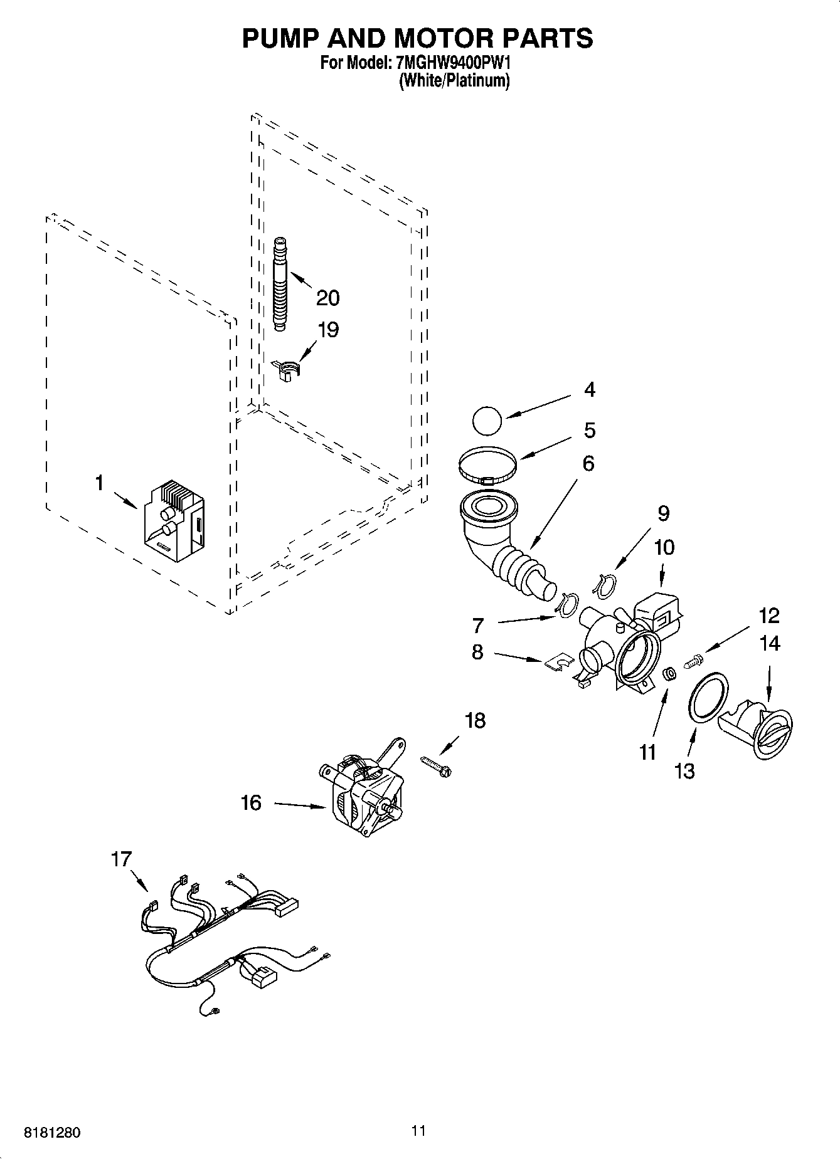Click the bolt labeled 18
tap(437, 767)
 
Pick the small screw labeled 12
tap(694, 659)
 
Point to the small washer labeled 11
tap(669, 674)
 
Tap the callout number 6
tap(588, 464)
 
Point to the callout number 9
tap(663, 514)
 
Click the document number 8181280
tap(51, 1133)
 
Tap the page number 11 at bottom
tap(418, 1130)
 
